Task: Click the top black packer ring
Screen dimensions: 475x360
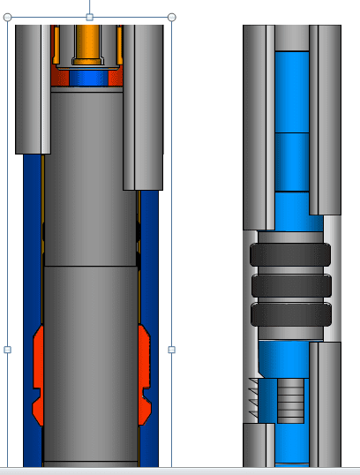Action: coord(290,256)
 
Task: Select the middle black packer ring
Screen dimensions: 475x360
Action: coord(290,285)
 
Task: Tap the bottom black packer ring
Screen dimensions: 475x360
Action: coord(290,314)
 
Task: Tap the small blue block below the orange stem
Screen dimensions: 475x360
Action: coord(87,78)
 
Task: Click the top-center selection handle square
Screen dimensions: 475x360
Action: coord(89,17)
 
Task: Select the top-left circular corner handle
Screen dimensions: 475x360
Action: coord(8,17)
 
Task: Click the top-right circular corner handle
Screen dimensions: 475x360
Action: coord(171,17)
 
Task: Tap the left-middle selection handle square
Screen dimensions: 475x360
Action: coord(8,350)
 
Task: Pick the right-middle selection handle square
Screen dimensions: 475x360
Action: coord(171,350)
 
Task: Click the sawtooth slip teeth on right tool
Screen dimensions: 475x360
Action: coord(257,398)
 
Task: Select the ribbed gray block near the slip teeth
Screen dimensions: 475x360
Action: coord(289,400)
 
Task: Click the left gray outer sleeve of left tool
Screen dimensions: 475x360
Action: coord(33,88)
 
